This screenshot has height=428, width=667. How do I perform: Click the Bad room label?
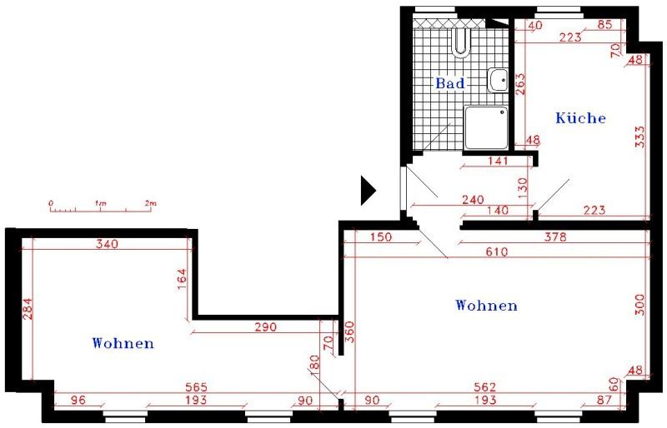[x=449, y=83]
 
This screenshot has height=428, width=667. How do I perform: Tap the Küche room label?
[x=580, y=118]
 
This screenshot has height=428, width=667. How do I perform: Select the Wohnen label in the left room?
[x=123, y=342]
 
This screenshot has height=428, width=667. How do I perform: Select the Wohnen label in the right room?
[x=486, y=306]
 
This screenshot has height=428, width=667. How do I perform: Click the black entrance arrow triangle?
[x=367, y=191]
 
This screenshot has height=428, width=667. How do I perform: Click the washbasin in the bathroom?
[x=499, y=80]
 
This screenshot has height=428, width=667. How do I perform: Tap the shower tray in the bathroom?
[x=486, y=127]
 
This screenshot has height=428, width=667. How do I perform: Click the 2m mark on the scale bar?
[x=150, y=202]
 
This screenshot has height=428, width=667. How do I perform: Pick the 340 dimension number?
[x=107, y=244]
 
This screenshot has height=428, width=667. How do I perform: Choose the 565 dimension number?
[x=197, y=388]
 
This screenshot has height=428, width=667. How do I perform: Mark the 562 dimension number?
[x=485, y=387]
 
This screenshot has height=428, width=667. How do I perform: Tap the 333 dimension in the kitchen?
[x=639, y=136]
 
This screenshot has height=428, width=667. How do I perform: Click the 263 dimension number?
[x=520, y=85]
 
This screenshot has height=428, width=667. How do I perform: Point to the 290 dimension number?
[x=264, y=327]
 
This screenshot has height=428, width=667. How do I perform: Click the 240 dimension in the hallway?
[x=473, y=199]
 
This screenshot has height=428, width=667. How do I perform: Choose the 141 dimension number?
[x=496, y=162]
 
